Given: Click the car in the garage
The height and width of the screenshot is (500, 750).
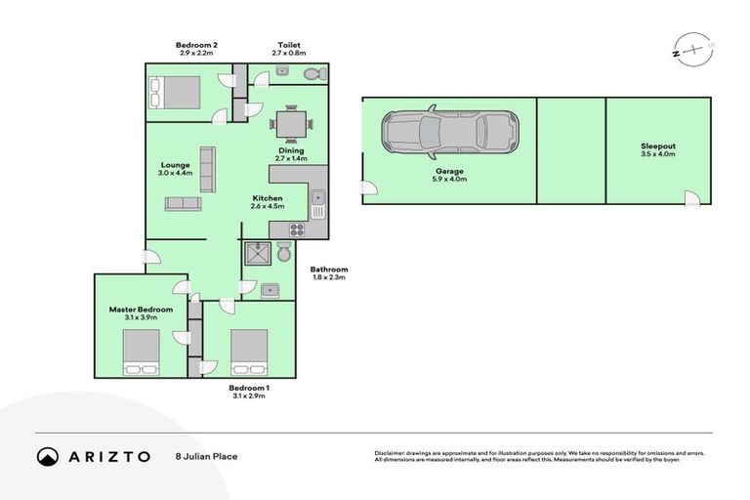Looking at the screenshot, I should (x=449, y=134).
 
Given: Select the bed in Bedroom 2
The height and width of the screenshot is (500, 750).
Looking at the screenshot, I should (x=174, y=93).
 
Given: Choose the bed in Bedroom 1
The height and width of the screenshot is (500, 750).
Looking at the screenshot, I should (x=248, y=352).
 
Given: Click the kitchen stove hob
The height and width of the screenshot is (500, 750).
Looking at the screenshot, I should (x=296, y=230).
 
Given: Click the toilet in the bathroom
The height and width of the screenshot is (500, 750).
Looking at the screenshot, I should (x=283, y=253).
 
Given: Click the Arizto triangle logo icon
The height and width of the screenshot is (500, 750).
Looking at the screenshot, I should (x=48, y=456).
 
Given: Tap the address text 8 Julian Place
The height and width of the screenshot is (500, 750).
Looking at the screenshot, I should (x=206, y=456).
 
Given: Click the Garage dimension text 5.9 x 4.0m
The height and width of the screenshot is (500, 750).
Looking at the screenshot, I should (x=449, y=179).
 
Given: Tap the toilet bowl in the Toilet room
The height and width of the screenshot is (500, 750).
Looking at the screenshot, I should (x=312, y=74).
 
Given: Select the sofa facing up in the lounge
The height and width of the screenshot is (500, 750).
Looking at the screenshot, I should (x=183, y=203).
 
